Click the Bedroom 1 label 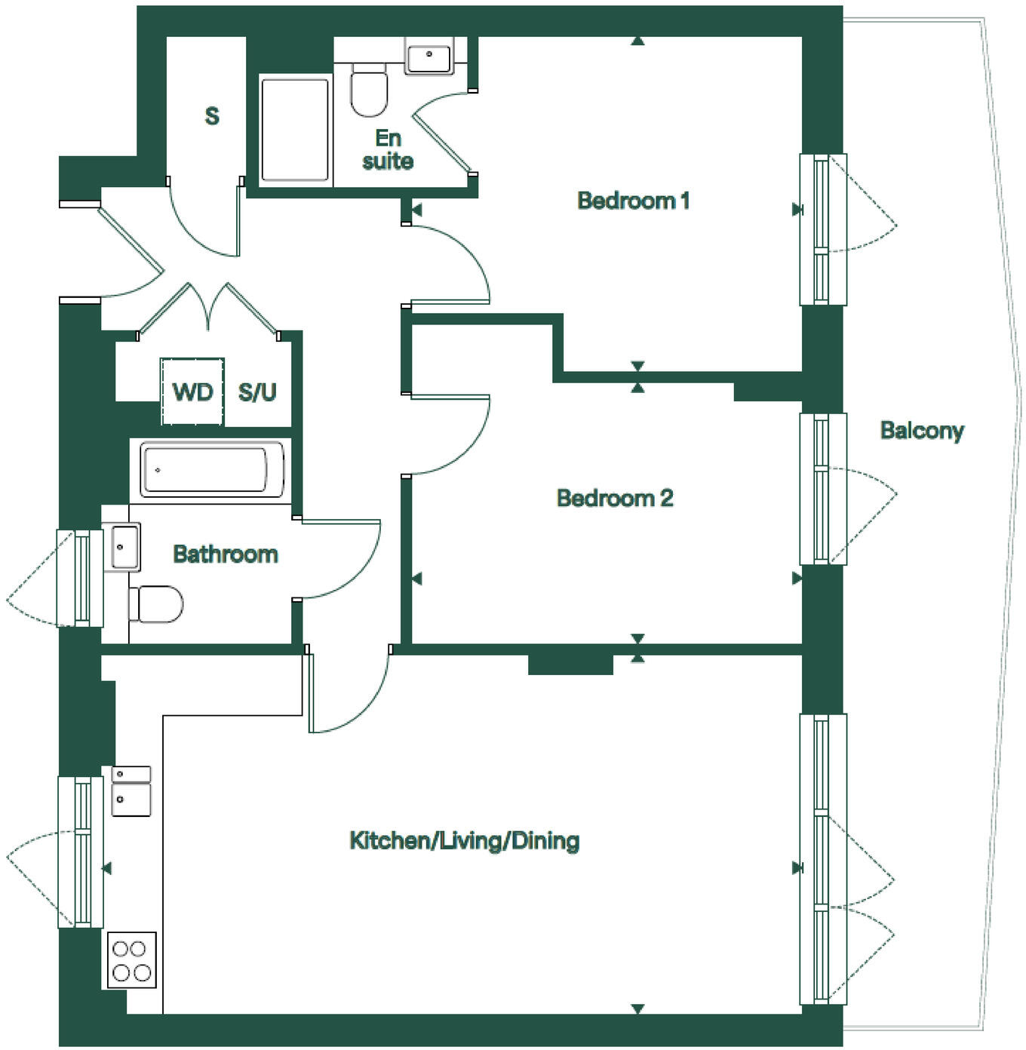coord(633,201)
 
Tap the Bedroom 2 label coord(615,498)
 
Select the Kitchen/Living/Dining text coord(464,840)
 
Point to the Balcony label coord(922,431)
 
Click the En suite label coord(388,149)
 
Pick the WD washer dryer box coord(192,391)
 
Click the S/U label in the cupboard coord(257,392)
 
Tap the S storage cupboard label coord(212,116)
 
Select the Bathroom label coord(226,554)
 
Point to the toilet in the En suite coord(369,90)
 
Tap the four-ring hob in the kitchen coord(131,960)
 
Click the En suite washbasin coord(429,56)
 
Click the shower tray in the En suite coord(295,129)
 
